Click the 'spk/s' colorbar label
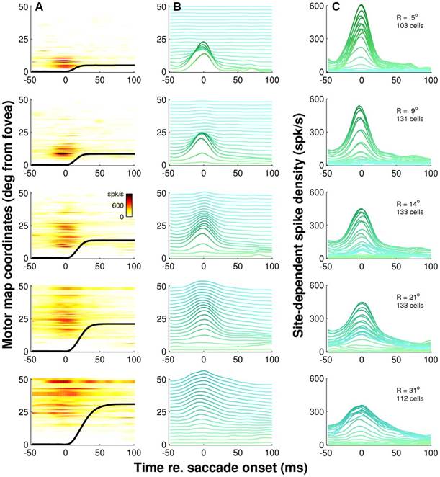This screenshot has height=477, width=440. point(117,196)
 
